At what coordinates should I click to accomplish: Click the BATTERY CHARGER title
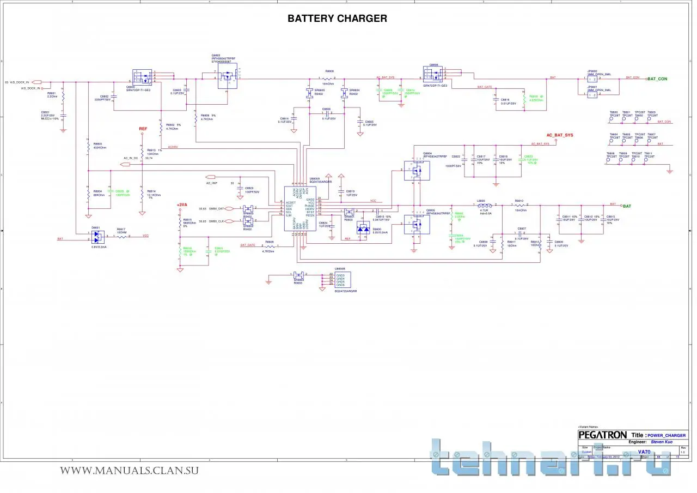337,19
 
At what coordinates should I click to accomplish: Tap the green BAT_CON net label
657,79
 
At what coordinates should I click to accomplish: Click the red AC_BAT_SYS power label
560,135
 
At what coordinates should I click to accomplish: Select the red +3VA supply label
182,205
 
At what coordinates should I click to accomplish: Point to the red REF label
143,129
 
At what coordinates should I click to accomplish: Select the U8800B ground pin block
343,280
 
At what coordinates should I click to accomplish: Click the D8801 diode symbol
97,237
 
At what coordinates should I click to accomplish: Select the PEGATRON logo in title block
602,435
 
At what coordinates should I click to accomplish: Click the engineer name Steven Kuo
661,442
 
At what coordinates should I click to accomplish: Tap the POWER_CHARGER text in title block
667,436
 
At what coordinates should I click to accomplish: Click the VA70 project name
645,452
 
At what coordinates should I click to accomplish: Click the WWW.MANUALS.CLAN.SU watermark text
129,471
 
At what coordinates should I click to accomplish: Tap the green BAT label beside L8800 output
627,206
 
